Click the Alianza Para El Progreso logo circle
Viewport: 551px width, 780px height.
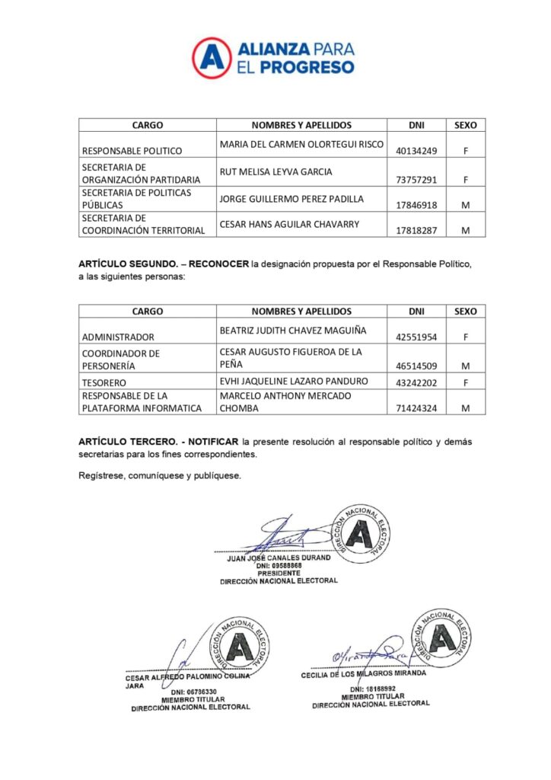(212, 57)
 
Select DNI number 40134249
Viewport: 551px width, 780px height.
(416, 151)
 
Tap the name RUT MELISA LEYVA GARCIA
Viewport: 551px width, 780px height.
(275, 172)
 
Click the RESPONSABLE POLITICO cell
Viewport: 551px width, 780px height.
(127, 151)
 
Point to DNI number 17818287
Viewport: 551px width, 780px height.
(416, 230)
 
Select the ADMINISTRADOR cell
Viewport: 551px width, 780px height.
(118, 337)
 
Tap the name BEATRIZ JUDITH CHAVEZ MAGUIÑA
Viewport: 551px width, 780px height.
(293, 330)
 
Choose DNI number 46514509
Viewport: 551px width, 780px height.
(416, 366)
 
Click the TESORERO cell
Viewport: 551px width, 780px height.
(104, 381)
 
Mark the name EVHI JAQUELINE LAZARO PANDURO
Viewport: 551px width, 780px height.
(294, 381)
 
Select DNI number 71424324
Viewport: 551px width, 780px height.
(416, 408)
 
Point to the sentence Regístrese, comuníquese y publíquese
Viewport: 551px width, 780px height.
(160, 475)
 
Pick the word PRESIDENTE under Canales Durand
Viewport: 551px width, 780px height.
(279, 573)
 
